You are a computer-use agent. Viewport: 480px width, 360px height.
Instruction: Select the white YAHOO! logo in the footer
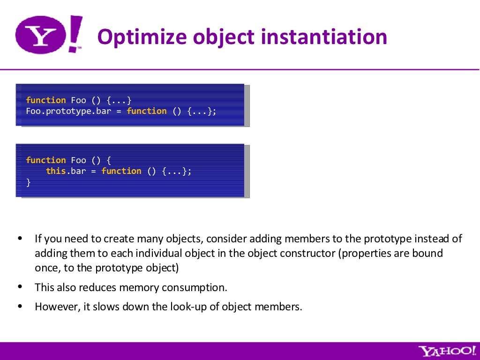point(446,351)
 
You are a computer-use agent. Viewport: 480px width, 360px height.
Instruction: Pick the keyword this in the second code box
point(55,171)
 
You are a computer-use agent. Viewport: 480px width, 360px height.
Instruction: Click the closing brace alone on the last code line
point(28,182)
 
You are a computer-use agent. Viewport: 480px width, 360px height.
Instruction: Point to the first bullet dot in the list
point(20,239)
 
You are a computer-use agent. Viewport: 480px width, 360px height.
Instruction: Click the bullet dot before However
point(20,307)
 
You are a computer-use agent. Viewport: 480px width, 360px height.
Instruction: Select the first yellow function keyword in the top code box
point(46,100)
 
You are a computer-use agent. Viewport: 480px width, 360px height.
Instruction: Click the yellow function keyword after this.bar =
point(121,171)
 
